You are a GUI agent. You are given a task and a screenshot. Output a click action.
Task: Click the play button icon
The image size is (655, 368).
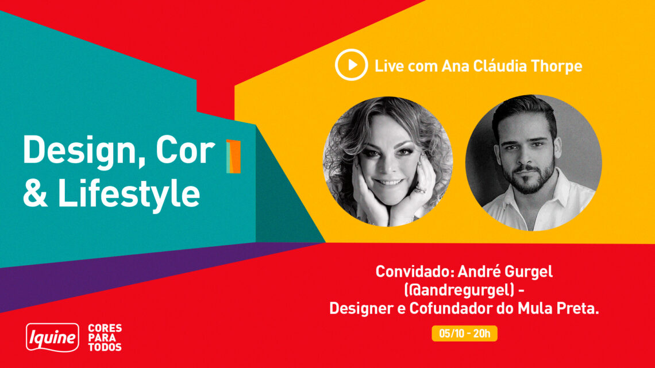point(351,65)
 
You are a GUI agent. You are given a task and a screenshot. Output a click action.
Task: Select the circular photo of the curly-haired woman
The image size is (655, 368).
point(388,161)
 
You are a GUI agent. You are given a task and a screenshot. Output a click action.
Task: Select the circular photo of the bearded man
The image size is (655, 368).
point(533,162)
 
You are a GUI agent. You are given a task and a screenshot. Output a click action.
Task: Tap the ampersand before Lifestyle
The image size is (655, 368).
point(35,193)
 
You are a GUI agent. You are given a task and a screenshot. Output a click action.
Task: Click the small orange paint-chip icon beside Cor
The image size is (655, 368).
point(233,157)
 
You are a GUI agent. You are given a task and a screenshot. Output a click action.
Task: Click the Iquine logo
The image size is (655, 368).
point(53,337)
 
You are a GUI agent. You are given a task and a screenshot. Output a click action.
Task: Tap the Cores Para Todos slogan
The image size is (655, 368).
point(105,338)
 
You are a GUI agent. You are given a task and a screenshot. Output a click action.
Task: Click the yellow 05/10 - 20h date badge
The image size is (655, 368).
point(464,334)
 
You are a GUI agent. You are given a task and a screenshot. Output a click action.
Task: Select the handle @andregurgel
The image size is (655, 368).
point(460,289)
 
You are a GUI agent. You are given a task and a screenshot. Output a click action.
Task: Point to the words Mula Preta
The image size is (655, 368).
point(558,308)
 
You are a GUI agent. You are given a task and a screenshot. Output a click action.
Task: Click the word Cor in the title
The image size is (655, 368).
point(185,150)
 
